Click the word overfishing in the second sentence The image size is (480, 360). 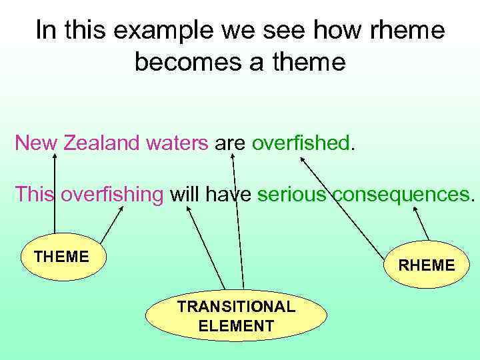click(112, 195)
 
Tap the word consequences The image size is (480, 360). click(401, 195)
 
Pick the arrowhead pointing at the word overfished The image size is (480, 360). click(302, 160)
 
